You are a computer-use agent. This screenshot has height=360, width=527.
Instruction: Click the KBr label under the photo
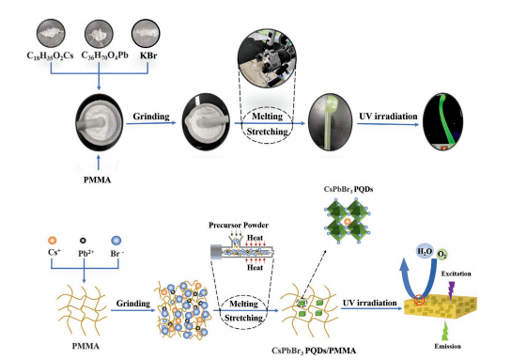pyautogui.click(x=148, y=55)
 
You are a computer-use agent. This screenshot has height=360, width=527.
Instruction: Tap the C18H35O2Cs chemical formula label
pyautogui.click(x=50, y=55)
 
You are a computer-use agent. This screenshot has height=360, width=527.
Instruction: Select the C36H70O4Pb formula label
pyautogui.click(x=105, y=55)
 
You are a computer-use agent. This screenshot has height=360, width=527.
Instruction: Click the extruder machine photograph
pyautogui.click(x=267, y=58)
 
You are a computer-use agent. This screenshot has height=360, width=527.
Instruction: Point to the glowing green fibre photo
pyautogui.click(x=443, y=121)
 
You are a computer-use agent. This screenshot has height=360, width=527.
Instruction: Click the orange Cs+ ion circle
pyautogui.click(x=52, y=241)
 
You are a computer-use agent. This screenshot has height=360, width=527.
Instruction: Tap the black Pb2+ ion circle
pyautogui.click(x=83, y=241)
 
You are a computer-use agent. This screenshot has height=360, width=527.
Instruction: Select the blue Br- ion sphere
pyautogui.click(x=116, y=241)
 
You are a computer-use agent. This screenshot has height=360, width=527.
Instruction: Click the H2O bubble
pyautogui.click(x=425, y=252)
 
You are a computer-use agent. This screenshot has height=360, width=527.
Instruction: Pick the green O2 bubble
pyautogui.click(x=442, y=255)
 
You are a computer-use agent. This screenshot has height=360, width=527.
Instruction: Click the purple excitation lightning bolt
pyautogui.click(x=451, y=290)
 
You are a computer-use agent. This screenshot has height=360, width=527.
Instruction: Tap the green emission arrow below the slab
pyautogui.click(x=445, y=331)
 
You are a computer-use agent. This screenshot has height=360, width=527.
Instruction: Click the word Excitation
pyautogui.click(x=456, y=274)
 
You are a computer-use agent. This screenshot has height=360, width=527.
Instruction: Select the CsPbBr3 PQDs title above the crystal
pyautogui.click(x=349, y=190)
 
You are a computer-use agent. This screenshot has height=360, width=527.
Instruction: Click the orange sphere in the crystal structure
pyautogui.click(x=348, y=222)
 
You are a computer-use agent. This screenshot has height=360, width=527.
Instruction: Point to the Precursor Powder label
pyautogui.click(x=239, y=225)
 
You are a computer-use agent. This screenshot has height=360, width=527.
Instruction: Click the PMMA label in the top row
pyautogui.click(x=97, y=180)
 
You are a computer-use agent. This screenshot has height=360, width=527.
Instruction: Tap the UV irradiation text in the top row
pyautogui.click(x=388, y=117)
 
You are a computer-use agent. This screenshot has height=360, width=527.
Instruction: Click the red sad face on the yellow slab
pyautogui.click(x=419, y=299)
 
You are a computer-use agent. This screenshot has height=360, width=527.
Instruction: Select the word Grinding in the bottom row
pyautogui.click(x=133, y=304)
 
